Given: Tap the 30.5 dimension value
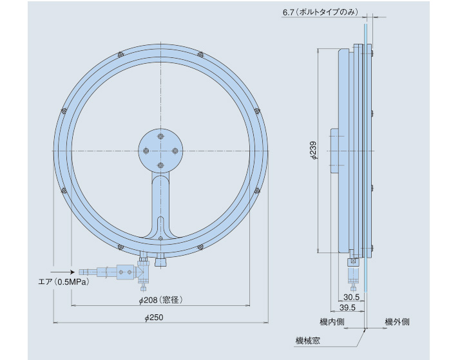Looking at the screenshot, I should click(x=351, y=297).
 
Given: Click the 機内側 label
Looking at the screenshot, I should click(x=332, y=322).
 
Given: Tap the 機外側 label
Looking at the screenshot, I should click(x=397, y=322).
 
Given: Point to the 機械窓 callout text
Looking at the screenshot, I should click(x=307, y=339).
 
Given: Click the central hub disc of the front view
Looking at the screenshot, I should click(x=160, y=149).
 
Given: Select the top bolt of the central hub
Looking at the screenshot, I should click(x=160, y=135).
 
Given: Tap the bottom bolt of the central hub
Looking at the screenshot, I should click(x=160, y=165).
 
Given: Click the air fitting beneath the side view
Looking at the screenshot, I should click(x=353, y=274).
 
